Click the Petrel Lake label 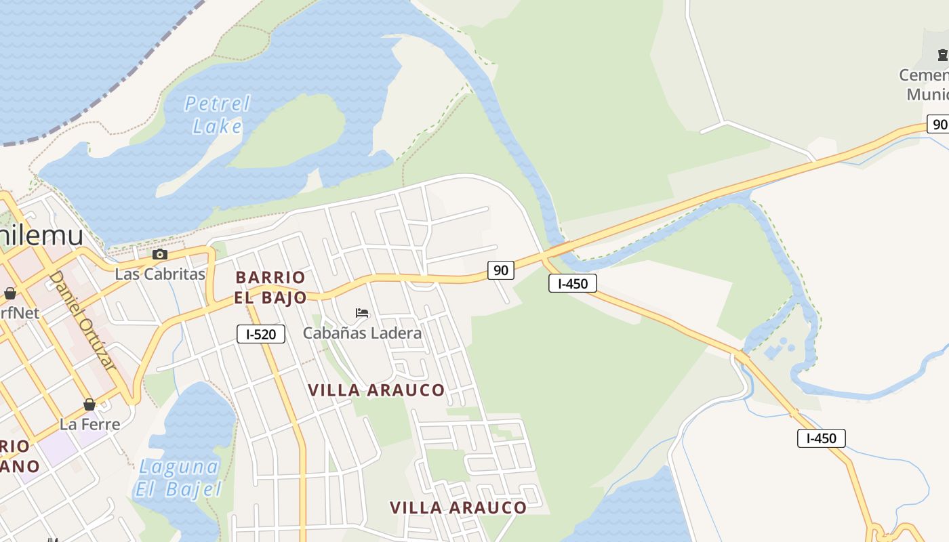click(x=217, y=114)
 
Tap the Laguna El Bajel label click(x=178, y=478)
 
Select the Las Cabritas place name click(x=160, y=274)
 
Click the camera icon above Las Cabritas click(x=160, y=255)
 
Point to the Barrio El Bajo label click(x=270, y=287)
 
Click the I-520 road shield click(x=261, y=333)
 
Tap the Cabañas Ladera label click(x=362, y=333)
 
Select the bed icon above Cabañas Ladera click(x=362, y=313)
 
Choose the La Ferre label click(x=89, y=424)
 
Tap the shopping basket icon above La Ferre click(x=89, y=405)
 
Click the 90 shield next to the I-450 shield click(x=500, y=270)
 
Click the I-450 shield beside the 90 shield click(x=573, y=283)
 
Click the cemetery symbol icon click(x=942, y=55)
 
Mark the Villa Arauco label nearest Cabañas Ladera click(x=376, y=390)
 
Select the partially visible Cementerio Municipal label click(x=925, y=84)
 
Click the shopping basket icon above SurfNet click(x=10, y=293)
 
